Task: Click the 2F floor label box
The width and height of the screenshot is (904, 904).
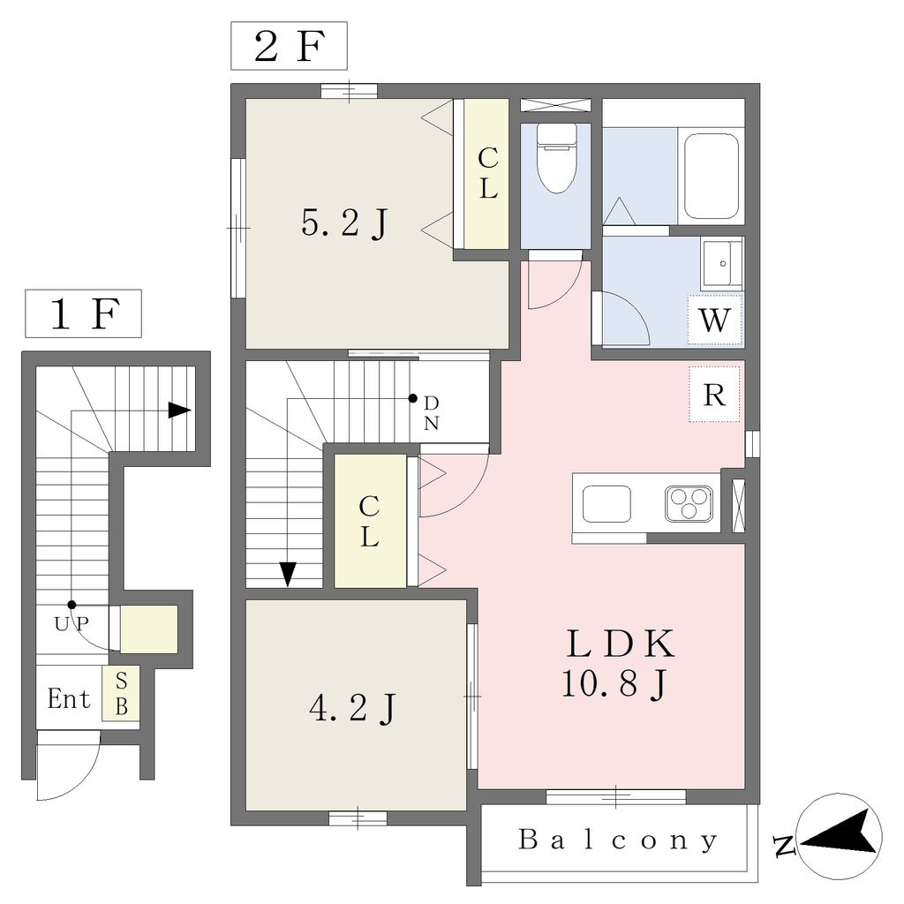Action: tap(289, 46)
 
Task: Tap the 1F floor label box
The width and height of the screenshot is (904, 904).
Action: tap(84, 313)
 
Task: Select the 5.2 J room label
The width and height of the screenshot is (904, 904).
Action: tap(344, 223)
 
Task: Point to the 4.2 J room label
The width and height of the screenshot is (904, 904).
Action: tap(353, 708)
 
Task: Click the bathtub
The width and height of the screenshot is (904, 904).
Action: tap(712, 177)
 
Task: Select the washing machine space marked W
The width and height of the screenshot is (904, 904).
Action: tap(714, 320)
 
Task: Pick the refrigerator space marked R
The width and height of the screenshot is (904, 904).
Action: tap(714, 395)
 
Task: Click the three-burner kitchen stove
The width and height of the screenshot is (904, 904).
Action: tap(689, 503)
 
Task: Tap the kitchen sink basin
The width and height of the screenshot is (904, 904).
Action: tap(606, 503)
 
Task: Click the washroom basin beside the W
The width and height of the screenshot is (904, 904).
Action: tap(722, 264)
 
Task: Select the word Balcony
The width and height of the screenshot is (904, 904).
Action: tap(619, 840)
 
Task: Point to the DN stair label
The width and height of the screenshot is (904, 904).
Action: tap(432, 413)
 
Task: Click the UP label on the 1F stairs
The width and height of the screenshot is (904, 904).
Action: tap(72, 623)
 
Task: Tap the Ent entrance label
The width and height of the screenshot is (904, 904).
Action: tap(69, 699)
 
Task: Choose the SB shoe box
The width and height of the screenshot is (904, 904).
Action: tap(121, 693)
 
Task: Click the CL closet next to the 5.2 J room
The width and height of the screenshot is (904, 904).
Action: tap(487, 174)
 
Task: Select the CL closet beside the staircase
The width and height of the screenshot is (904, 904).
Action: tap(370, 521)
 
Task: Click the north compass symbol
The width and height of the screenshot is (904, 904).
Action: tap(840, 837)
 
